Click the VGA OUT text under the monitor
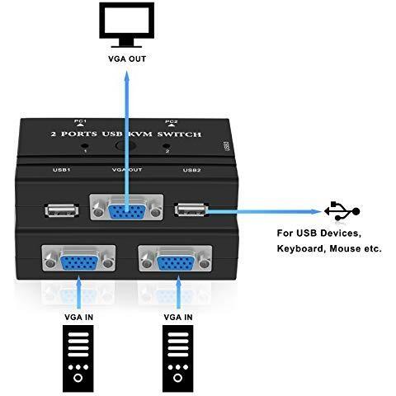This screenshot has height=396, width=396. click(x=127, y=59)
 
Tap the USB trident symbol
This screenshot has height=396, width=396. click(x=342, y=211)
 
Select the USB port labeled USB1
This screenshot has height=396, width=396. click(x=62, y=211)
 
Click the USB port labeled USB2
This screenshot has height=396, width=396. click(x=191, y=210)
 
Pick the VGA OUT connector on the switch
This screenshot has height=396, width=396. click(x=127, y=208)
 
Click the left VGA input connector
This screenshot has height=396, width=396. click(x=78, y=258)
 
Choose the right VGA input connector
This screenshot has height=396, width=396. click(x=175, y=258)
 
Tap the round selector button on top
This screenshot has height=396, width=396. click(x=125, y=146)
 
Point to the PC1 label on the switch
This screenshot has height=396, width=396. click(x=80, y=121)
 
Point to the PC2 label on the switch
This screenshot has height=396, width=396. click(x=171, y=121)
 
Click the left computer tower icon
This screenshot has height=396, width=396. click(x=78, y=359)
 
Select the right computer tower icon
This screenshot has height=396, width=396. click(x=177, y=359)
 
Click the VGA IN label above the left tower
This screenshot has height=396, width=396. click(x=79, y=318)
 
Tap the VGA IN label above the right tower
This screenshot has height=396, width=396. click(x=178, y=318)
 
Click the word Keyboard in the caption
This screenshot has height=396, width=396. click(x=302, y=249)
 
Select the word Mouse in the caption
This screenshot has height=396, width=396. click(x=345, y=248)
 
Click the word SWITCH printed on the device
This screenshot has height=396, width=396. click(x=179, y=134)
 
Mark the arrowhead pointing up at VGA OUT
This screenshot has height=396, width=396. click(x=127, y=77)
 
